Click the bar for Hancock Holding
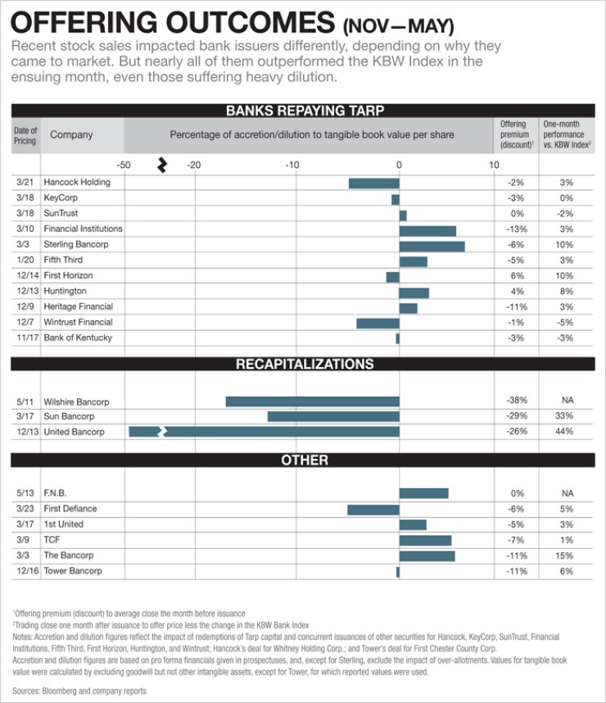373,183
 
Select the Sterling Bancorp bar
432,245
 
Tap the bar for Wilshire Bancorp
312,401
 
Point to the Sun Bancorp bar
333,417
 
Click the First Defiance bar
373,510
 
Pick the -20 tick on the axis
194,165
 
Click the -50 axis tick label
124,165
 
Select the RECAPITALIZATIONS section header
304,365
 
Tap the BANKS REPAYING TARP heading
304,111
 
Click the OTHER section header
304,460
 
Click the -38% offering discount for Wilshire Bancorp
516,401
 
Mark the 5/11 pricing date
25,402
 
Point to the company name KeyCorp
61,198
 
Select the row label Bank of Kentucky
78,338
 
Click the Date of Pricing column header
25,135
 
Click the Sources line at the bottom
79,692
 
